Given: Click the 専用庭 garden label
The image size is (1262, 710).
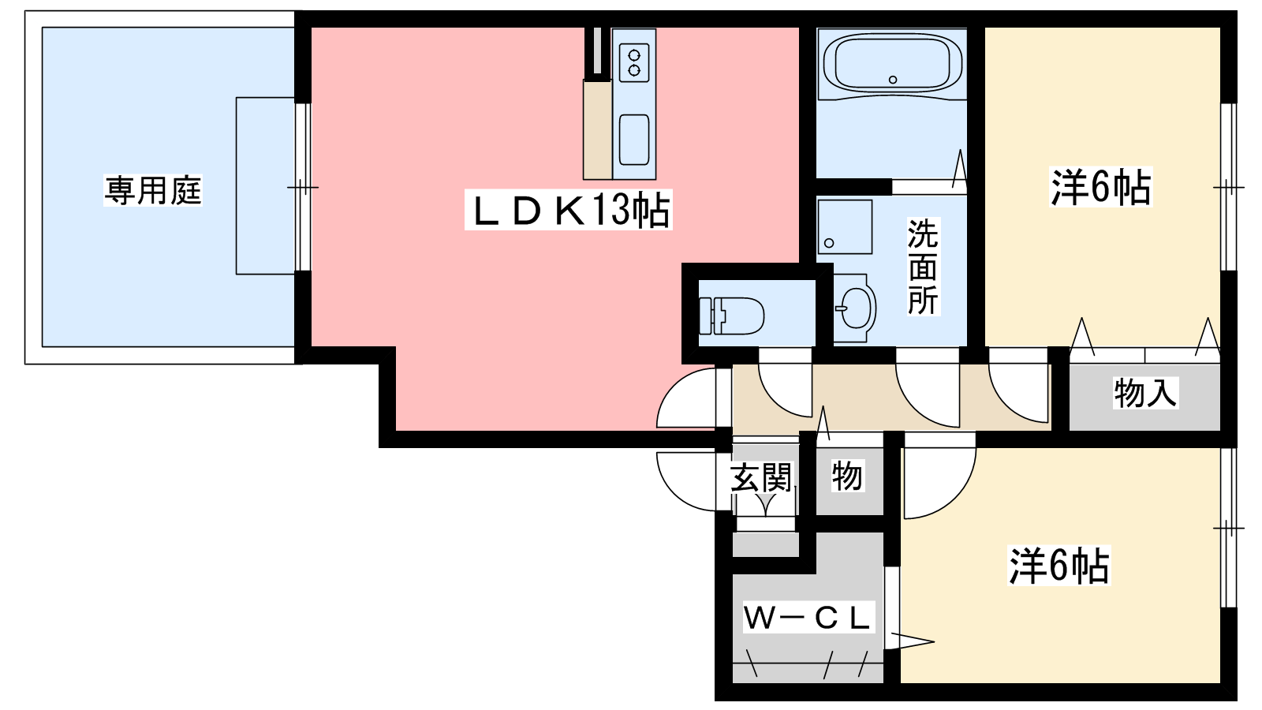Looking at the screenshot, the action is (x=153, y=190).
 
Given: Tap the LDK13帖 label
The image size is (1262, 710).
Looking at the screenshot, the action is (x=568, y=210).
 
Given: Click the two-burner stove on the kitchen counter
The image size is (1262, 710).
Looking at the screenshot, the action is (x=634, y=62).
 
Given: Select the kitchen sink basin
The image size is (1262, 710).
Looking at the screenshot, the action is (x=634, y=140).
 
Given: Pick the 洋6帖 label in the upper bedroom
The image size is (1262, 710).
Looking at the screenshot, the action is (x=1101, y=187).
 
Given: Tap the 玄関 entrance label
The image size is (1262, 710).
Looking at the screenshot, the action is (x=761, y=478).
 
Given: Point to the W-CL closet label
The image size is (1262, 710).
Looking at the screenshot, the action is (x=808, y=618).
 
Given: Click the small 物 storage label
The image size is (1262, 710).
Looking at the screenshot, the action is (x=847, y=476).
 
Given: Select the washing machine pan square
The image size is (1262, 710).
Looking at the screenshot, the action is (x=845, y=227).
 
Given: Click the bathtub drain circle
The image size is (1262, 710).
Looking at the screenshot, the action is (x=892, y=80).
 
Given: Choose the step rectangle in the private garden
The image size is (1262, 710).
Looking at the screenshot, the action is (x=265, y=186).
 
